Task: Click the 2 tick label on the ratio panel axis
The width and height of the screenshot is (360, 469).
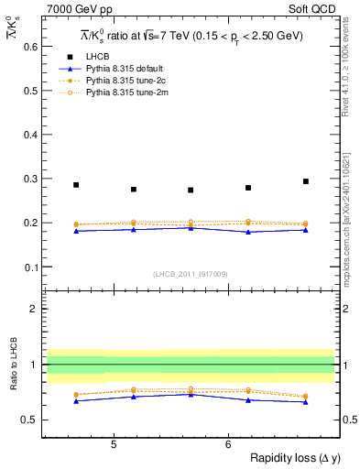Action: coord(34,309)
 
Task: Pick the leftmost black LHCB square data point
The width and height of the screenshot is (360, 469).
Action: coord(76,185)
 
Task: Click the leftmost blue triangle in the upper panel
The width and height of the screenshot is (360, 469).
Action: coord(76,231)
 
